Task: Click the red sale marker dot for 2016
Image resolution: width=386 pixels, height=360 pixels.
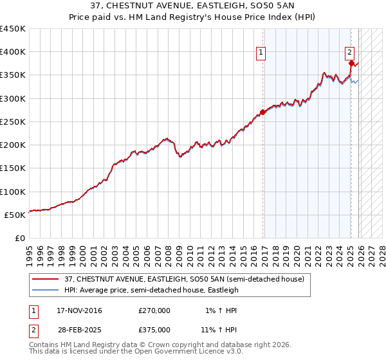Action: [262, 112]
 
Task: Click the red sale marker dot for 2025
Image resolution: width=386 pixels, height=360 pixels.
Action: [351, 63]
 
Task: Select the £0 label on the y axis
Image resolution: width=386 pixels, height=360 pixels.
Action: [20, 238]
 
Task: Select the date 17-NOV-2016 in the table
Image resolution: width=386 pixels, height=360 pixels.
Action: [79, 310]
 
